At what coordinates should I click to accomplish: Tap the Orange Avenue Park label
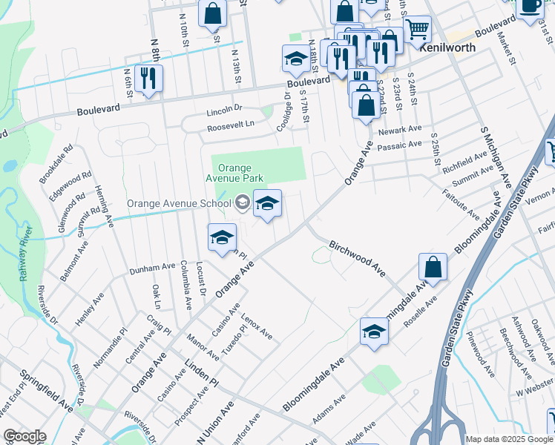coord(234,174)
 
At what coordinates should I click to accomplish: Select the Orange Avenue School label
coord(178,203)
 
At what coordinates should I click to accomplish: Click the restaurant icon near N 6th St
coord(148,79)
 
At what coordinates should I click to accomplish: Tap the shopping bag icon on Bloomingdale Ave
coord(433,268)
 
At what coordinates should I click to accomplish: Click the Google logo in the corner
coord(24,436)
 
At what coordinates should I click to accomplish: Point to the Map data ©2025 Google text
coord(508,439)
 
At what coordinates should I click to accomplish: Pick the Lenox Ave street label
coord(257,326)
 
